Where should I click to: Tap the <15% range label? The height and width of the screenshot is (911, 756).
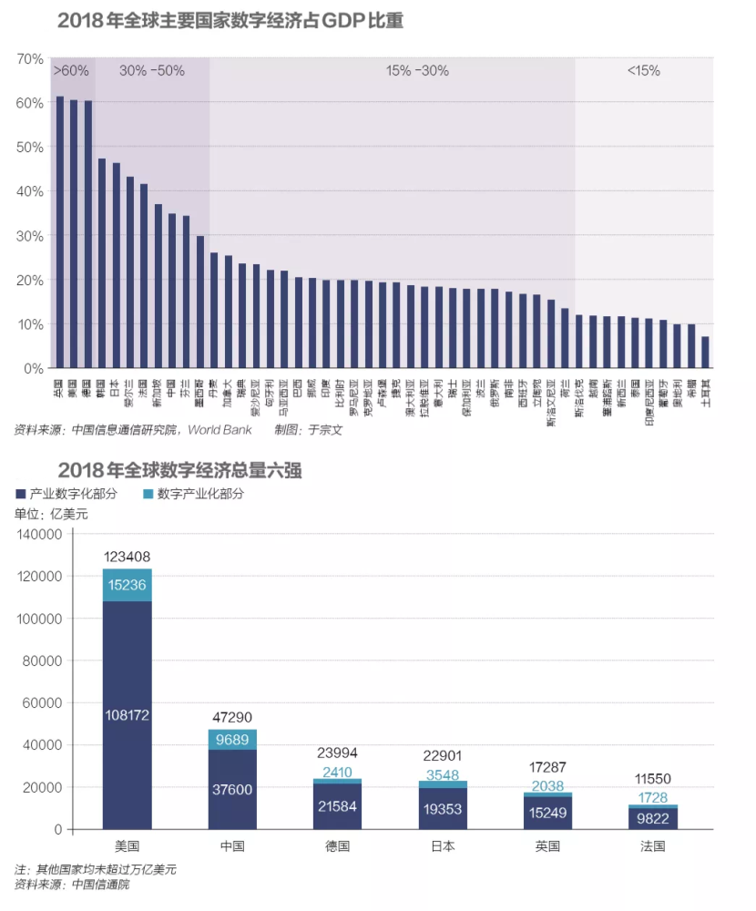[643, 70]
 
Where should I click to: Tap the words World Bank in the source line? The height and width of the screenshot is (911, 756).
[220, 430]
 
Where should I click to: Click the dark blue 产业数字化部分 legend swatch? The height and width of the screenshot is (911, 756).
[20, 494]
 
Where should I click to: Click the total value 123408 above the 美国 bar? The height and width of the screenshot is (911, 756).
[127, 557]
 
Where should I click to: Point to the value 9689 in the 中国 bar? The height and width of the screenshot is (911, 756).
[232, 741]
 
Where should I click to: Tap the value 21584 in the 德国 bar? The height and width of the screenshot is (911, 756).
[337, 805]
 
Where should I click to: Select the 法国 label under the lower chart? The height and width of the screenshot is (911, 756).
[653, 846]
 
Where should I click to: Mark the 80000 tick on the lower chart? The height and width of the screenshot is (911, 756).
[42, 660]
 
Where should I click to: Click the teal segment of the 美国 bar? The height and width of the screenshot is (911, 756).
[127, 585]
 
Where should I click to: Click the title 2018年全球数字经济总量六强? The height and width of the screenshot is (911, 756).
[179, 470]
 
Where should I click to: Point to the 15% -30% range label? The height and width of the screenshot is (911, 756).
[417, 70]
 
